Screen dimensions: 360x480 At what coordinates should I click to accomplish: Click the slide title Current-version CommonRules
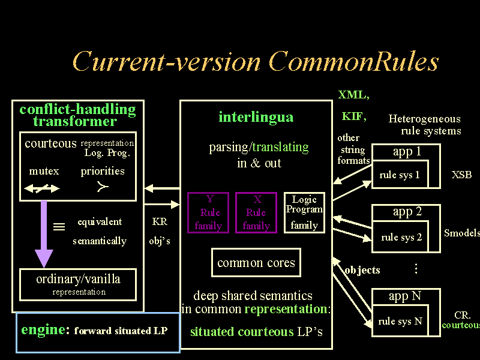click(x=255, y=62)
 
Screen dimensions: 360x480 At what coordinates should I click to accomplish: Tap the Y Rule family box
click(x=208, y=212)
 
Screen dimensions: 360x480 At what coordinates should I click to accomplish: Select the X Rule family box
click(x=256, y=212)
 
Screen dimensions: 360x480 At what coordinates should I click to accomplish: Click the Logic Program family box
click(x=304, y=212)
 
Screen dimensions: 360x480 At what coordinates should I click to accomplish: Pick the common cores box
click(x=256, y=263)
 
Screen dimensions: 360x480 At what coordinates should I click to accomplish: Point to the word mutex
click(x=44, y=171)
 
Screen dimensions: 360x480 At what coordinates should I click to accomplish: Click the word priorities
click(x=103, y=171)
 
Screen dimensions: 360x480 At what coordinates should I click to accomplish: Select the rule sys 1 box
click(x=400, y=175)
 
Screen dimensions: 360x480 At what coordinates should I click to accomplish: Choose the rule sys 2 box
click(x=401, y=237)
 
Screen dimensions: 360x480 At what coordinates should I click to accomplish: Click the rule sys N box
click(x=400, y=321)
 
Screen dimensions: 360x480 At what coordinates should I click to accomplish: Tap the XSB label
click(x=461, y=175)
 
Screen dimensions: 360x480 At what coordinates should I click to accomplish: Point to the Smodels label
click(x=461, y=233)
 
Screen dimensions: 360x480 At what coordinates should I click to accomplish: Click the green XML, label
click(x=353, y=95)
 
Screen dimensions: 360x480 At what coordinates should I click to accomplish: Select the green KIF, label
click(x=354, y=116)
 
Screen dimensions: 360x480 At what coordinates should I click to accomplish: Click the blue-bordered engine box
click(x=98, y=332)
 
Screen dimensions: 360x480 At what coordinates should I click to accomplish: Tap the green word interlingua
click(x=256, y=117)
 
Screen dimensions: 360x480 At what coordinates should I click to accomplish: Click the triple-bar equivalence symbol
click(x=59, y=227)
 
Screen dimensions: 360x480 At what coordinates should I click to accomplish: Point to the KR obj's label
click(x=160, y=231)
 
